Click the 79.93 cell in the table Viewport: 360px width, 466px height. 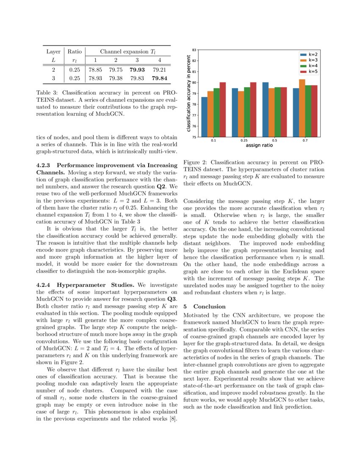[138, 69]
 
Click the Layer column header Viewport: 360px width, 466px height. [53, 52]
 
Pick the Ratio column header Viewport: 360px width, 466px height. [75, 52]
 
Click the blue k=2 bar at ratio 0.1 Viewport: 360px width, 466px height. [204, 117]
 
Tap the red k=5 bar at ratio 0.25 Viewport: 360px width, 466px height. [253, 109]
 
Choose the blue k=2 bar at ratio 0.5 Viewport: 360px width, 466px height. [266, 109]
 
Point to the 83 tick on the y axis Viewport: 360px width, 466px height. [194, 50]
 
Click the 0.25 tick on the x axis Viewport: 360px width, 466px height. [244, 140]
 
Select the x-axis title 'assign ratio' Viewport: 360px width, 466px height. [259, 145]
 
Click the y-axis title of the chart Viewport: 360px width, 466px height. [188, 94]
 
